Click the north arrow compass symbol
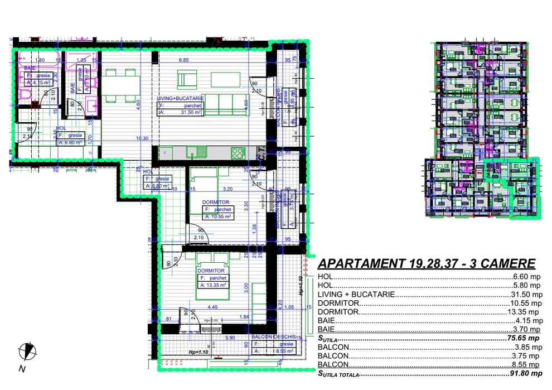click(26, 352)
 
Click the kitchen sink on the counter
click(197, 151)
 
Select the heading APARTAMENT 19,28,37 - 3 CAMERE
click(426, 264)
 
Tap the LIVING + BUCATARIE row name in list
click(356, 293)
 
